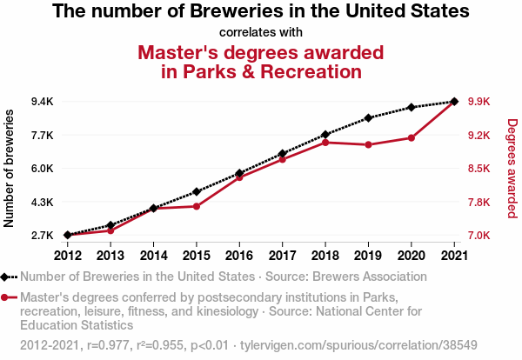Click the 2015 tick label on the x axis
197,255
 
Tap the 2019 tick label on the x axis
368,255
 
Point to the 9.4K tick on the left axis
42,102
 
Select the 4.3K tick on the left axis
42,203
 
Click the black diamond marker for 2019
368,117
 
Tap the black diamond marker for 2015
197,191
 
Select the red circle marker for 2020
411,137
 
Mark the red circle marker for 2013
110,230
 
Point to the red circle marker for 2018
325,142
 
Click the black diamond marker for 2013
110,225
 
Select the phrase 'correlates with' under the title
261,33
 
